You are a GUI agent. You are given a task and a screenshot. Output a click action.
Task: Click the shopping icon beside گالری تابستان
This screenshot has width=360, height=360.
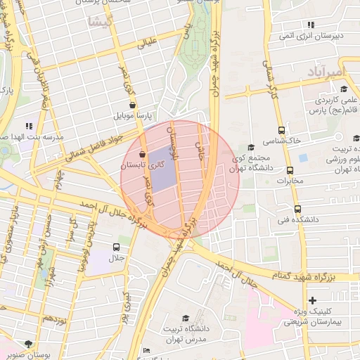143,154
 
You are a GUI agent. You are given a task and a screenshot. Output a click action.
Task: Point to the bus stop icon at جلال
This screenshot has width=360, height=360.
116,247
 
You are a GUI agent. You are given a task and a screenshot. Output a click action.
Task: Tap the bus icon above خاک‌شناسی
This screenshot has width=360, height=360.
282,130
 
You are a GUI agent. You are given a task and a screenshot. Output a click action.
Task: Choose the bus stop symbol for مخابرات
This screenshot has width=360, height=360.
290,170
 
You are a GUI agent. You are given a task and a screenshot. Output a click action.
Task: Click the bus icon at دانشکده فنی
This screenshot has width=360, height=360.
297,209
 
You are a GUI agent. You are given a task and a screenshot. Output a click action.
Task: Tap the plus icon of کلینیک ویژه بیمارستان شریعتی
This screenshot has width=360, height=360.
313,300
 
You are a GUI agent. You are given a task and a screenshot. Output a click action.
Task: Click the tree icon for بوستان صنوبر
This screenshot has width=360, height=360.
28,343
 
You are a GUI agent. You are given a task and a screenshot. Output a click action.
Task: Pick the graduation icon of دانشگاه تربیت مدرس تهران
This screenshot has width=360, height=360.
185,318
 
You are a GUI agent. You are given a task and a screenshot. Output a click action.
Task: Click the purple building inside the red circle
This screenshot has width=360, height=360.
163,169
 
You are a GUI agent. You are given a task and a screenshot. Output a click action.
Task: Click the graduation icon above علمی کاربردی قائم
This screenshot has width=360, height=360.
343,89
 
